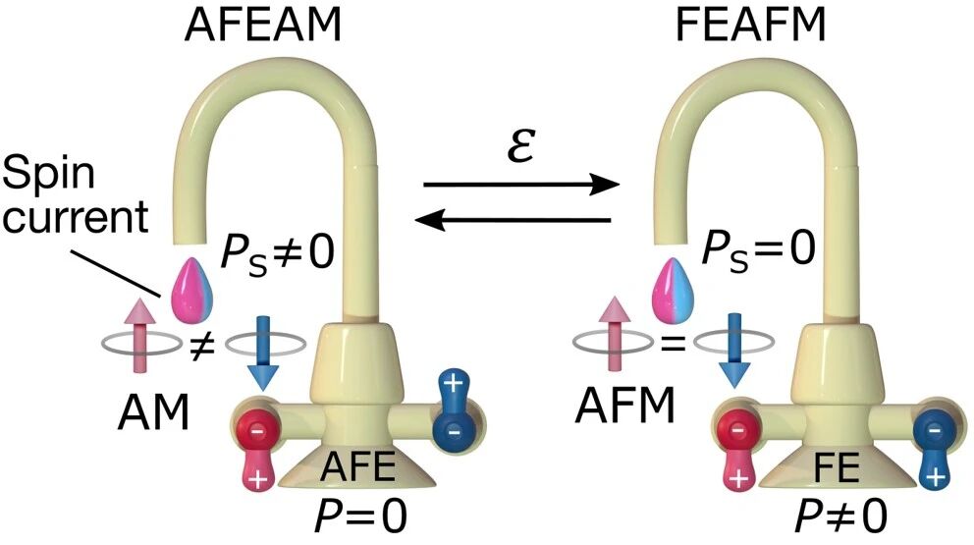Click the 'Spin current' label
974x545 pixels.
coord(78,197)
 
